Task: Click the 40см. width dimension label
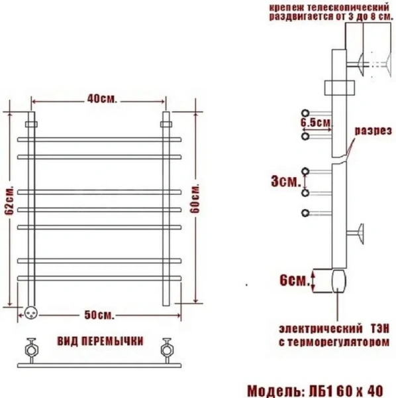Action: click(101, 99)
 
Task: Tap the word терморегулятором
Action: click(345, 342)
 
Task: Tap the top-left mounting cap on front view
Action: click(30, 123)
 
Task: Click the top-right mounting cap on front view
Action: click(166, 123)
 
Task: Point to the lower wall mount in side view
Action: click(362, 233)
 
